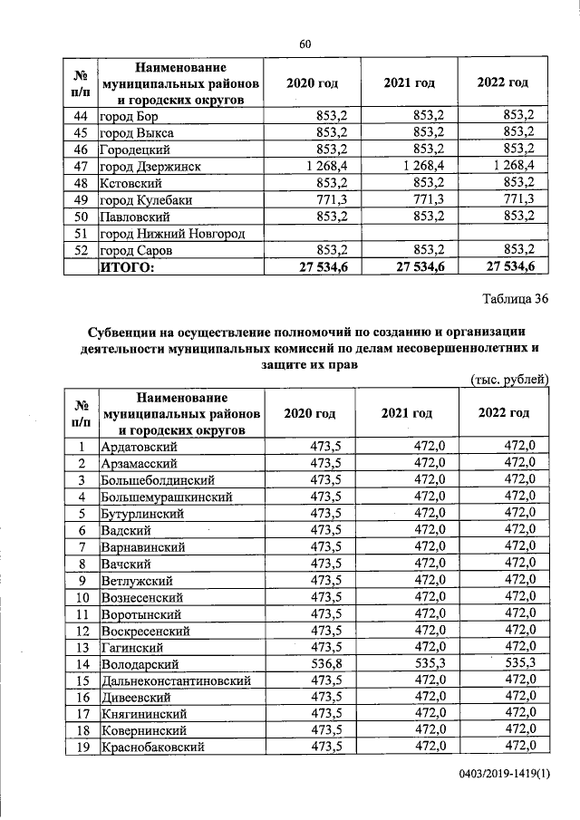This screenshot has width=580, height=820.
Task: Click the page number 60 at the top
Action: click(304, 44)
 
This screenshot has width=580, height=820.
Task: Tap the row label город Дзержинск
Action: click(150, 166)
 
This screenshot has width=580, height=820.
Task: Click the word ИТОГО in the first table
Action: click(128, 266)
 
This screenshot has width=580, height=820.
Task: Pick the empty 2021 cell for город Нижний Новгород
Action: click(409, 233)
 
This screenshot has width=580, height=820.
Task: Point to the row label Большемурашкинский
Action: click(168, 497)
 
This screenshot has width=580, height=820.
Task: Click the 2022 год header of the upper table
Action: click(503, 83)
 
